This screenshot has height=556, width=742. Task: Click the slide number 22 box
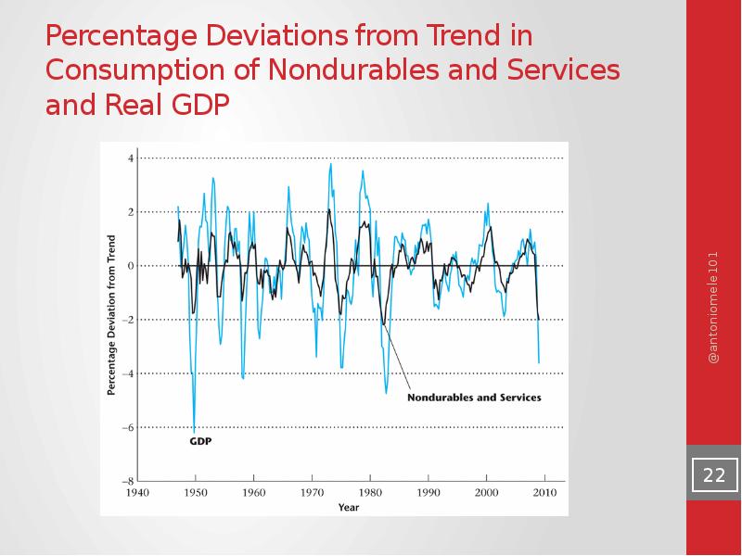coord(713,475)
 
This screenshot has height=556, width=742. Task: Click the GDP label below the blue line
coord(200,442)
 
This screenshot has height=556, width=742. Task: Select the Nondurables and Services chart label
coord(474,398)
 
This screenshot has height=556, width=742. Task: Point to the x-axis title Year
coord(349,507)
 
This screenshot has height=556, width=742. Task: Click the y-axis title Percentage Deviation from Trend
coord(111,315)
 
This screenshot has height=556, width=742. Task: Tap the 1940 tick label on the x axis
coord(138,493)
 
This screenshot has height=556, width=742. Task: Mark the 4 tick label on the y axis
coord(131,158)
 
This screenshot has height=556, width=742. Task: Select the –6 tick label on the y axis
coord(129,427)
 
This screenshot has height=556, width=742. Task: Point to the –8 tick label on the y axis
coord(129,481)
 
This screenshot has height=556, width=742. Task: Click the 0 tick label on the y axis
coord(131,266)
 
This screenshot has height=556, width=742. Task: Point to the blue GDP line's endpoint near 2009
coord(539,362)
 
